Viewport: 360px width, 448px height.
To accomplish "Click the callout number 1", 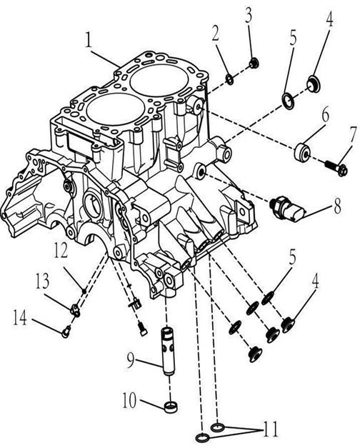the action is [89, 41].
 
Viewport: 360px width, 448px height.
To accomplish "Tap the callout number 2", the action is [215, 33].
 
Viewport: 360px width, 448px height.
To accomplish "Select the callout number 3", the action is [249, 15].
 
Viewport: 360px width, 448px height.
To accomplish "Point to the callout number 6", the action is [325, 114].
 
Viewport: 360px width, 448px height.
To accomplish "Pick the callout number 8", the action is [337, 206].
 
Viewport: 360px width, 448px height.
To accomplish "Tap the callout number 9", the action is [131, 361].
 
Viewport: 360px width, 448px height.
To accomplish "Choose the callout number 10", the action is [130, 401].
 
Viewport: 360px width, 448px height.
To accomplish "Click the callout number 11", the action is [271, 429].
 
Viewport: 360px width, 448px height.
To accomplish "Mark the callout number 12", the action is [60, 250].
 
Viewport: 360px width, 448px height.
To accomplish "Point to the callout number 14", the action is [20, 318].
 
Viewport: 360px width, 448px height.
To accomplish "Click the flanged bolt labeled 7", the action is [336, 167].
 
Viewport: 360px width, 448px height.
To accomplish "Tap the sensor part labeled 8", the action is [288, 209].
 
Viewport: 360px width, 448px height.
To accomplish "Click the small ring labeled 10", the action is [171, 407].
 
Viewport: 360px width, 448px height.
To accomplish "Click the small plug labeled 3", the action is [254, 63].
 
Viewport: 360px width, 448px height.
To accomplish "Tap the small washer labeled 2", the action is [230, 79].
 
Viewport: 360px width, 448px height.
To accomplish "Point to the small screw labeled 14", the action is [66, 332].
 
